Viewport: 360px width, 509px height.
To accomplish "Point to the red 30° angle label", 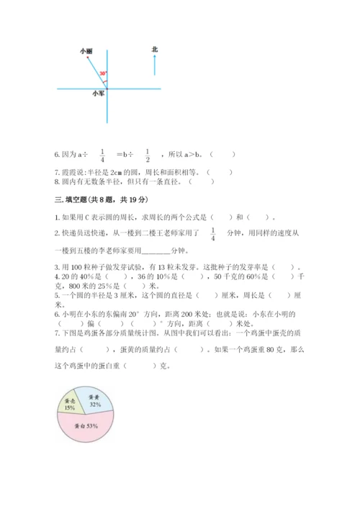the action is click(x=103, y=73).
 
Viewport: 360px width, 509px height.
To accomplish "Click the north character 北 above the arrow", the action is click(x=155, y=49).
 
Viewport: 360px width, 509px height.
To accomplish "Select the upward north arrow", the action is click(x=155, y=65).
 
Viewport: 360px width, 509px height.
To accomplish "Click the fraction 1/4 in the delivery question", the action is click(x=214, y=233).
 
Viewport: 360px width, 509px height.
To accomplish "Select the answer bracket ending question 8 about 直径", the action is click(x=211, y=181).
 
